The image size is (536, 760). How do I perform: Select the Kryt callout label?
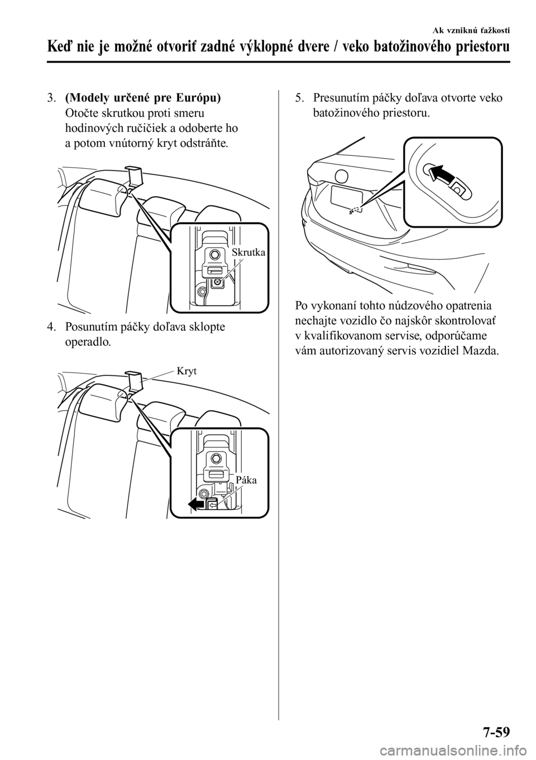point(187,371)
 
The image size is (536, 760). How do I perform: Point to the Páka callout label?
point(246,479)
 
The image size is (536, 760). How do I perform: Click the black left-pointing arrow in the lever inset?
point(198,504)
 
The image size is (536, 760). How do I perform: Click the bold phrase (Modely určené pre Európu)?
point(142,98)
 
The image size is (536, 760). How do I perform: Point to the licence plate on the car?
point(347,197)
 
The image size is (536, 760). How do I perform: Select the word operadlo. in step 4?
point(88,341)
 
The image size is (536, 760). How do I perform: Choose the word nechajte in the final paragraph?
point(316,321)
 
